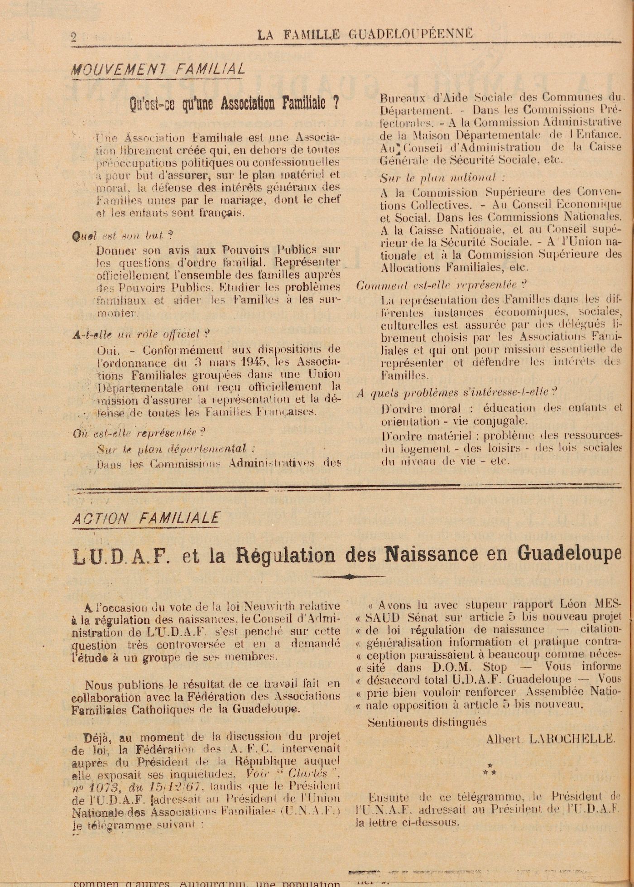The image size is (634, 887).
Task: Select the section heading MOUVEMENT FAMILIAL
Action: point(158,69)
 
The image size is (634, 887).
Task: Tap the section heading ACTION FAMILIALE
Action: point(146,518)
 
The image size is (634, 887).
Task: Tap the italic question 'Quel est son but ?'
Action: point(122,236)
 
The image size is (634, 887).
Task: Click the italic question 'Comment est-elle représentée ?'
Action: point(442,285)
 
